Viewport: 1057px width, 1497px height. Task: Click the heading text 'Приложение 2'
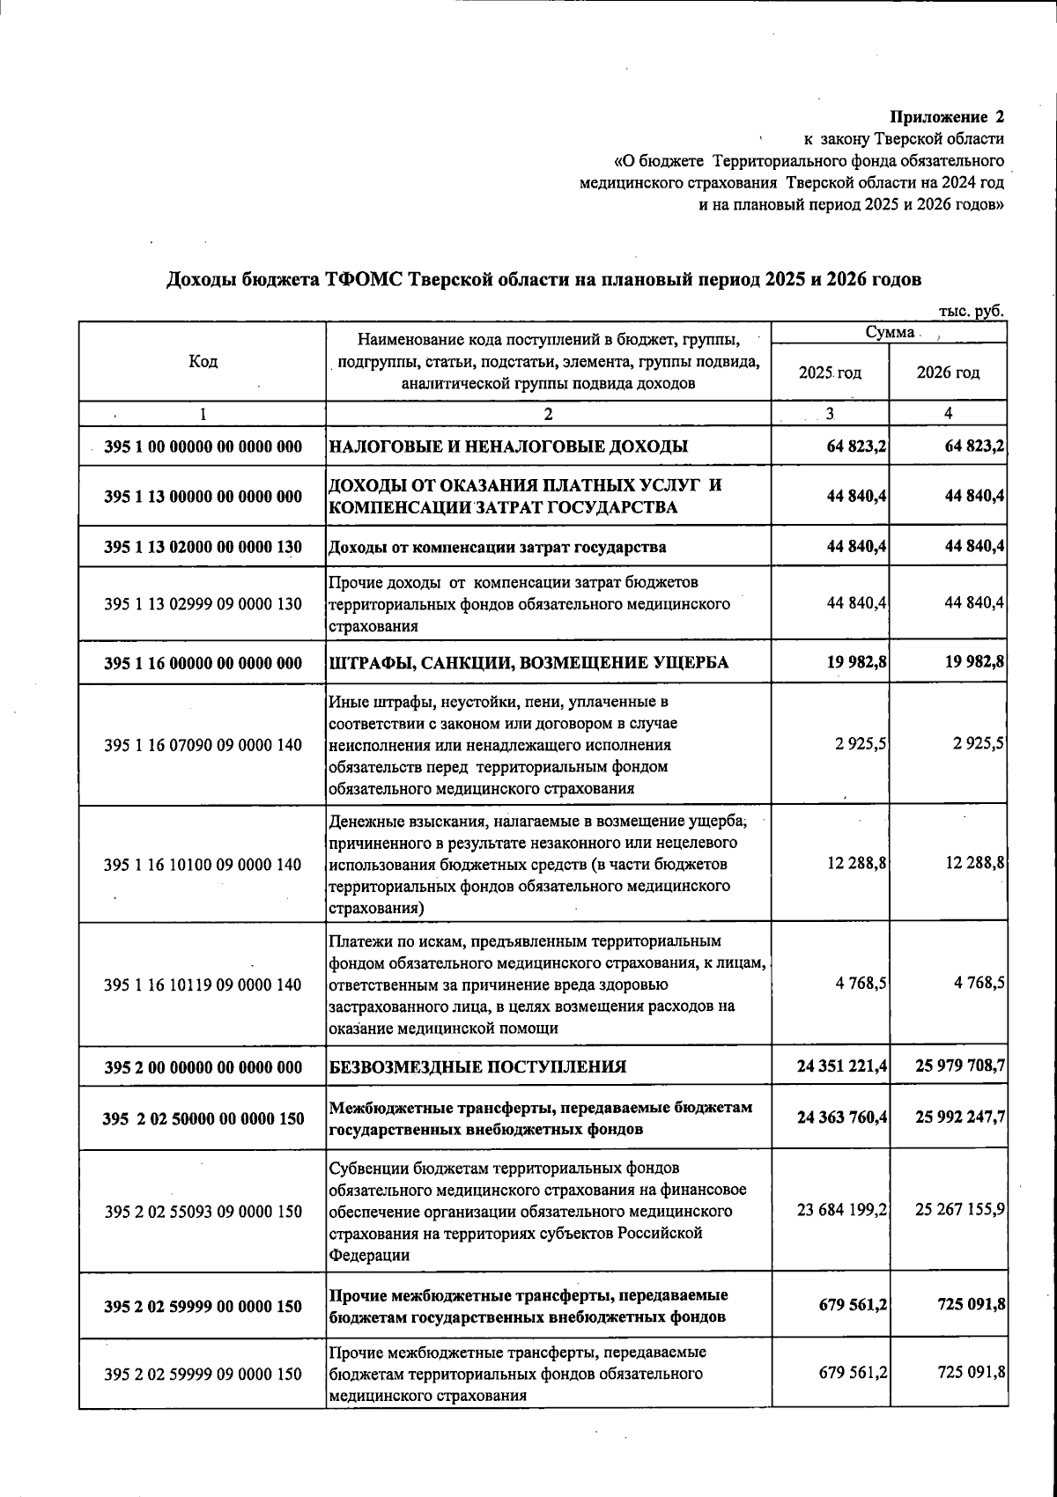pyautogui.click(x=947, y=116)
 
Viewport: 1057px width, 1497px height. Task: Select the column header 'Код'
pyautogui.click(x=203, y=362)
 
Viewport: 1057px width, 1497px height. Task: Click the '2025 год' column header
pyautogui.click(x=830, y=372)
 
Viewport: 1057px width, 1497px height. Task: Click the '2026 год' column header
pyautogui.click(x=948, y=372)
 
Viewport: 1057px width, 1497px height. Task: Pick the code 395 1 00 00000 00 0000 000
pyautogui.click(x=203, y=447)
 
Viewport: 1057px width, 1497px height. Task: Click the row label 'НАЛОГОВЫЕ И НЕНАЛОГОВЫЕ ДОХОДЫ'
pyautogui.click(x=508, y=447)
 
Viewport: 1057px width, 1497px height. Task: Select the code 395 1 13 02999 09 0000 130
pyautogui.click(x=203, y=604)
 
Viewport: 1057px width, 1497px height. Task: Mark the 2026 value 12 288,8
pyautogui.click(x=975, y=864)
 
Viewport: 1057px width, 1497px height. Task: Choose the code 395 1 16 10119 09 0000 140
pyautogui.click(x=203, y=984)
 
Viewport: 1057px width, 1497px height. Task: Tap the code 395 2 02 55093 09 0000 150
pyautogui.click(x=203, y=1212)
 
